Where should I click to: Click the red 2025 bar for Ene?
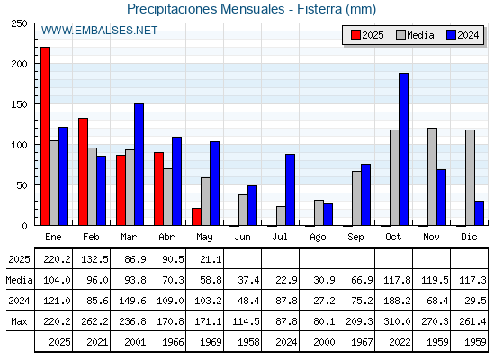45,136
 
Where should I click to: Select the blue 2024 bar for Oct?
404,149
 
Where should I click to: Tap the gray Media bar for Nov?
432,176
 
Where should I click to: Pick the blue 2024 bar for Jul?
290,190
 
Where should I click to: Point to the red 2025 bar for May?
196,217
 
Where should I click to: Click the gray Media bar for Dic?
470,177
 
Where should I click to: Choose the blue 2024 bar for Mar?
139,164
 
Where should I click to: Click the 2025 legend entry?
367,35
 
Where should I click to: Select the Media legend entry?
415,35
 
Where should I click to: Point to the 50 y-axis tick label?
22,185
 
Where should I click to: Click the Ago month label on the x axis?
318,238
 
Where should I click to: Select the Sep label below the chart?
355,238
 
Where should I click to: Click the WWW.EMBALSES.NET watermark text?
99,31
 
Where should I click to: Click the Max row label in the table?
19,321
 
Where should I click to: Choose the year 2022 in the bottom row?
400,342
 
